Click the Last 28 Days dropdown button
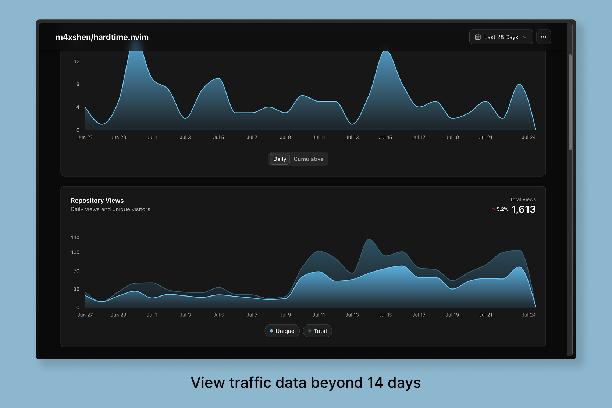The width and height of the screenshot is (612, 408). click(501, 37)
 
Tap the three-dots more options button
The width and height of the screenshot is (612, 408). click(543, 37)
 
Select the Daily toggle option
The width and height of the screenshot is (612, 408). click(280, 159)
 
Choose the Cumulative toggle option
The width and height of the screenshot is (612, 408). click(308, 159)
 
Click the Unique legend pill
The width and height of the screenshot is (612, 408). click(282, 331)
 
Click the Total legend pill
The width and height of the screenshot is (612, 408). click(317, 331)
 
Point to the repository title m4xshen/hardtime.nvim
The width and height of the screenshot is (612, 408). click(102, 37)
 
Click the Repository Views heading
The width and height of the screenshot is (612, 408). click(97, 201)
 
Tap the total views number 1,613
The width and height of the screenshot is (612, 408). click(523, 209)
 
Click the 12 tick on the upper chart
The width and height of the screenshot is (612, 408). click(77, 61)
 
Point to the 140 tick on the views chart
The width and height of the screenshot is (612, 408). click(75, 238)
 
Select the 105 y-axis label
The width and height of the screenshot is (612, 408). click(75, 252)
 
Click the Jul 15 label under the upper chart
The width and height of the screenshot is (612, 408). click(385, 138)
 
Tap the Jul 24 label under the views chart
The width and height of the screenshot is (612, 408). click(529, 315)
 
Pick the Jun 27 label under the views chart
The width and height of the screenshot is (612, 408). click(85, 315)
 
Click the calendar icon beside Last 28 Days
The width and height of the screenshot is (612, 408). click(478, 37)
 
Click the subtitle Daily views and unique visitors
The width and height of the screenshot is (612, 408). click(110, 209)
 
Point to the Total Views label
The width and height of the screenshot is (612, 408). click(523, 199)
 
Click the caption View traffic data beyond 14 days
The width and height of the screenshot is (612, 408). click(306, 383)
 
